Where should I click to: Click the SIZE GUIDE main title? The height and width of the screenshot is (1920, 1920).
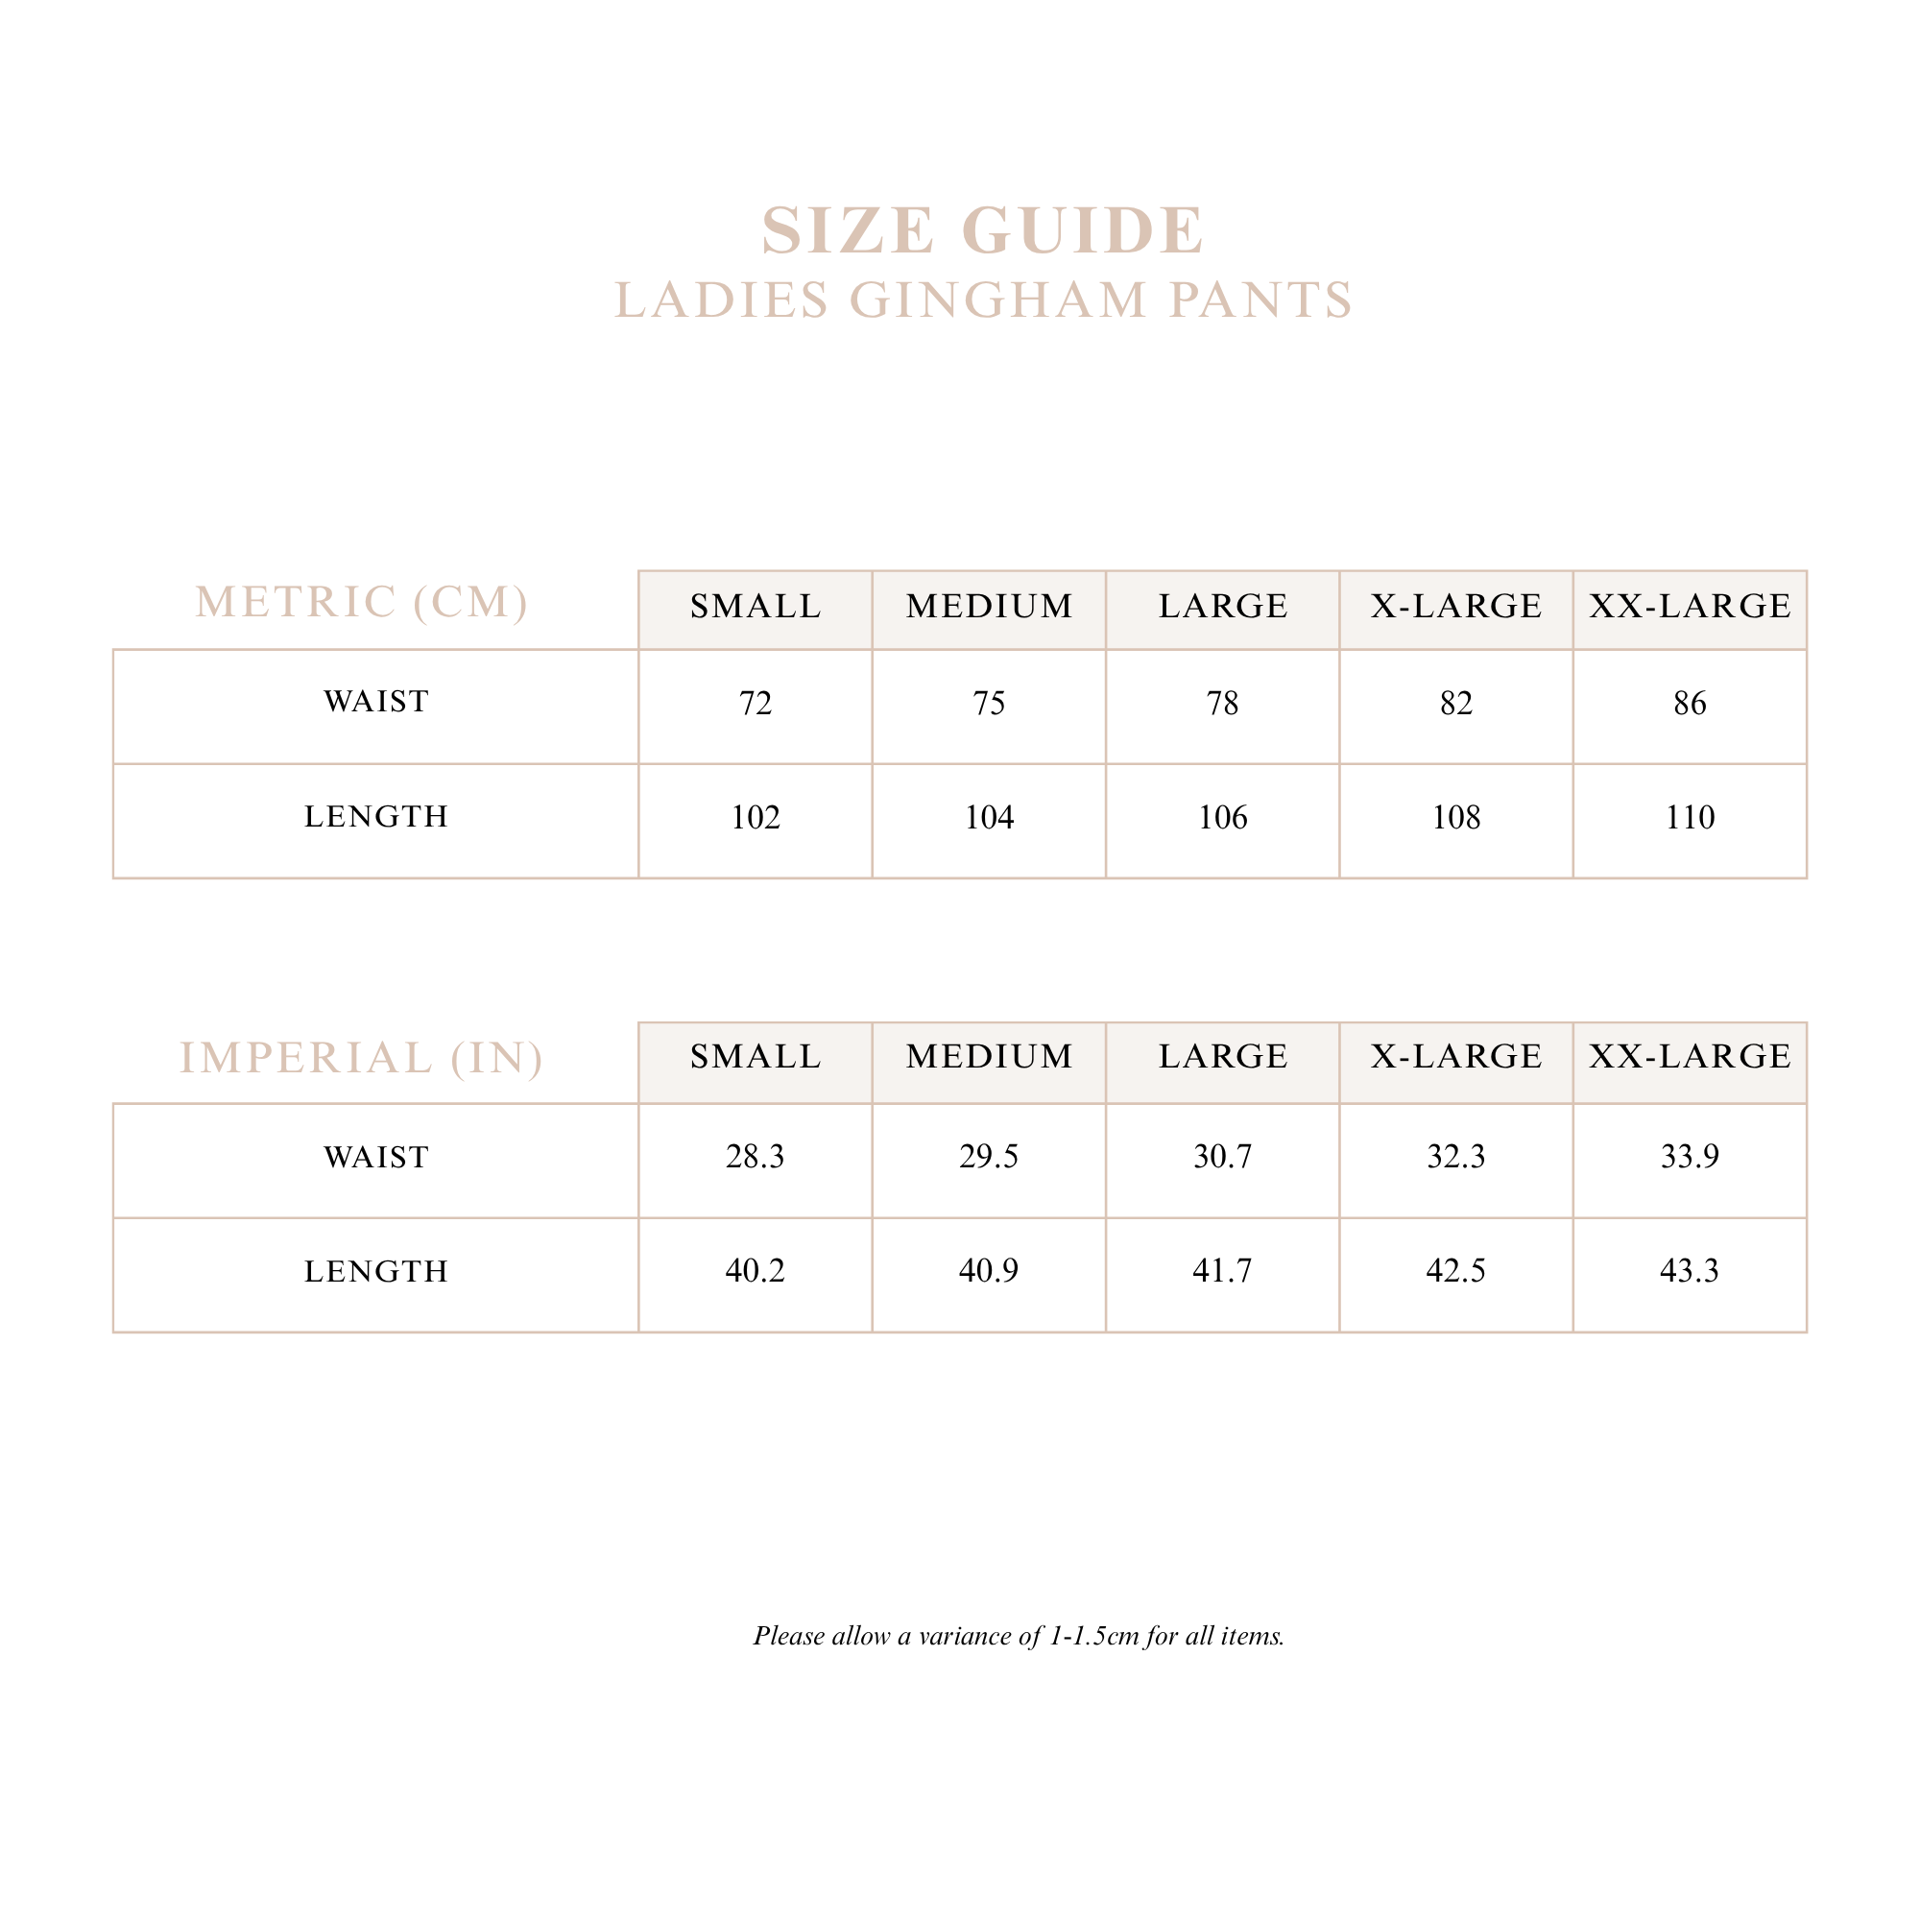pyautogui.click(x=983, y=230)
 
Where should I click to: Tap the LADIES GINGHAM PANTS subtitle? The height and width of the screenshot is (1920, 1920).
pyautogui.click(x=983, y=300)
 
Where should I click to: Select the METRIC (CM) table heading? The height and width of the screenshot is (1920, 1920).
pyautogui.click(x=362, y=602)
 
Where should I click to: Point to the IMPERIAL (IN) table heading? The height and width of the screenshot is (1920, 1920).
pyautogui.click(x=362, y=1057)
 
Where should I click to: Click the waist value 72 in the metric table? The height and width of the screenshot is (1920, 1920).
pyautogui.click(x=756, y=704)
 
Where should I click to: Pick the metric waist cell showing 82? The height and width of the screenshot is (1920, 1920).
pyautogui.click(x=1456, y=704)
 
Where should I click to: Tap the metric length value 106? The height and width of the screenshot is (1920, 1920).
pyautogui.click(x=1222, y=818)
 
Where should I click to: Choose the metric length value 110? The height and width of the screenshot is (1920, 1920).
pyautogui.click(x=1690, y=818)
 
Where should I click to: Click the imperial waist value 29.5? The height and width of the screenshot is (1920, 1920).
pyautogui.click(x=989, y=1157)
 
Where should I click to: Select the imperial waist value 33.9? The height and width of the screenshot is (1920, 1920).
pyautogui.click(x=1690, y=1157)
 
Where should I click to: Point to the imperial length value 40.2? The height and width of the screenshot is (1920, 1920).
pyautogui.click(x=756, y=1271)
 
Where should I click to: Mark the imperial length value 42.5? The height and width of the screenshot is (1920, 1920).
pyautogui.click(x=1456, y=1271)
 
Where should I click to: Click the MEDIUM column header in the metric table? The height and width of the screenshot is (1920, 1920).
pyautogui.click(x=990, y=606)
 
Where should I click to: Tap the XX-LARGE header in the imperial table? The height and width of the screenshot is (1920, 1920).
pyautogui.click(x=1690, y=1056)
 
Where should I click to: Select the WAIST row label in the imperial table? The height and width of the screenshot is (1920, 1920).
pyautogui.click(x=375, y=1158)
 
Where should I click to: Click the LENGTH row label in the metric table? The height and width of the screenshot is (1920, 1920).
pyautogui.click(x=375, y=817)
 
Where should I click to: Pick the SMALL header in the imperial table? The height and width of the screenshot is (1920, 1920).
pyautogui.click(x=756, y=1056)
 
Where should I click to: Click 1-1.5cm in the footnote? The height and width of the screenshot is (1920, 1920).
pyautogui.click(x=1093, y=1636)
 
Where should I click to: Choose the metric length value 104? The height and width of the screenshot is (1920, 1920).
pyautogui.click(x=989, y=818)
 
